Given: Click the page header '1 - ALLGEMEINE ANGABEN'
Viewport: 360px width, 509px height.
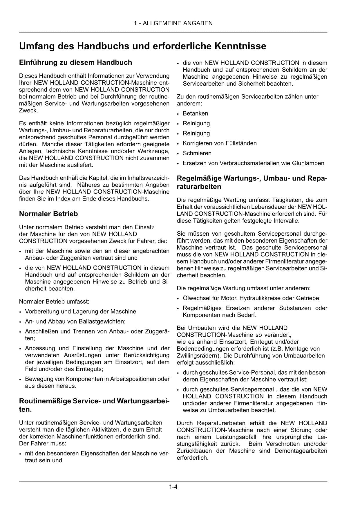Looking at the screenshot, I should (173, 23).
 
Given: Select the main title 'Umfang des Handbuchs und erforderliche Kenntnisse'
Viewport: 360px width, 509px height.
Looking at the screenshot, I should (142, 46).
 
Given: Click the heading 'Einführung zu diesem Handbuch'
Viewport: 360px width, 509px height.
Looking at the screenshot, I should (75, 62).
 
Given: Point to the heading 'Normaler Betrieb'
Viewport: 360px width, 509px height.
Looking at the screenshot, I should (48, 214).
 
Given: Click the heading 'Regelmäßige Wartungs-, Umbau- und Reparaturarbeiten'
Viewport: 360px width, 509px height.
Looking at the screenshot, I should (252, 182).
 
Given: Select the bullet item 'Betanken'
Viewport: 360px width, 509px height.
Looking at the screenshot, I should (195, 113).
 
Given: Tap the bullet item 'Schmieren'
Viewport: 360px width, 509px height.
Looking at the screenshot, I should (197, 153).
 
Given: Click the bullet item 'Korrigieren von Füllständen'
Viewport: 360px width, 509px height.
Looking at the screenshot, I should (220, 143).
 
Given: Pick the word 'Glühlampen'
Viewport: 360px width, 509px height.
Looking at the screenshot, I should (309, 163).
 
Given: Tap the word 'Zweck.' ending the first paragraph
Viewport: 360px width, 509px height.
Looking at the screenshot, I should (28, 111).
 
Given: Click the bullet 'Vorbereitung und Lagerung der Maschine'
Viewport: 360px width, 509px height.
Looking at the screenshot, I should (80, 312).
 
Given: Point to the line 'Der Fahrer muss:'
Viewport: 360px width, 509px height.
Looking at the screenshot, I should (43, 443).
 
